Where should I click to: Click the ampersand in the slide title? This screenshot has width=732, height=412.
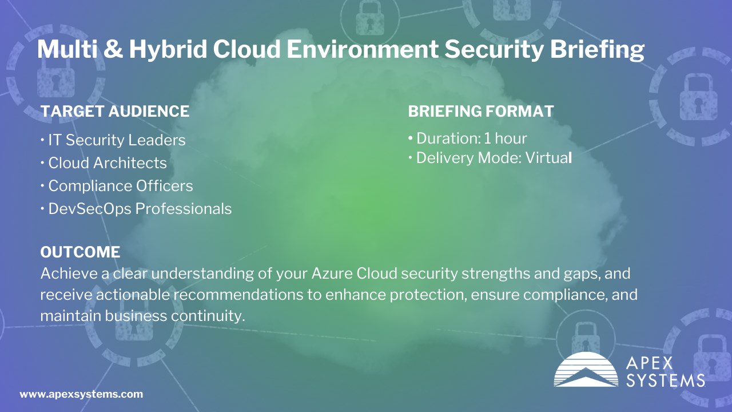click(113, 49)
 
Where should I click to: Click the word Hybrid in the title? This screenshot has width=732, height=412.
click(168, 50)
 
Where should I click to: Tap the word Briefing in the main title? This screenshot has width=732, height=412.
click(597, 50)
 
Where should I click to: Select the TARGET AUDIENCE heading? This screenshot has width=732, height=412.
click(115, 111)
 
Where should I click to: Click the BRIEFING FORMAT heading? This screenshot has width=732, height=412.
click(481, 111)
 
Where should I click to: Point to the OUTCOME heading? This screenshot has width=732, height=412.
click(81, 252)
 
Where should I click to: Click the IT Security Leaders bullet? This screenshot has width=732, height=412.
click(113, 140)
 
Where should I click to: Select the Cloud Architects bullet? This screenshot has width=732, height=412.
click(104, 163)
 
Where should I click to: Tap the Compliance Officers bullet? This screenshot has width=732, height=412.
click(117, 186)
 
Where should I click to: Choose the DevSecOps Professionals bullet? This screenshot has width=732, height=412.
click(136, 209)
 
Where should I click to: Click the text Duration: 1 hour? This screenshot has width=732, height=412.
click(468, 138)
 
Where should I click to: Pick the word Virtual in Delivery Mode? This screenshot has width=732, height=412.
click(548, 158)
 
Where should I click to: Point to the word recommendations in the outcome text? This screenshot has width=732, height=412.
click(238, 295)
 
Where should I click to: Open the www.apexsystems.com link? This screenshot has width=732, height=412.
click(81, 394)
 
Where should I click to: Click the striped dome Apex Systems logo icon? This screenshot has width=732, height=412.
click(586, 369)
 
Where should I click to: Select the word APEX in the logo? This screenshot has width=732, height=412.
click(649, 363)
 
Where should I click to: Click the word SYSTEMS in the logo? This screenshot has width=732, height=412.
click(665, 381)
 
